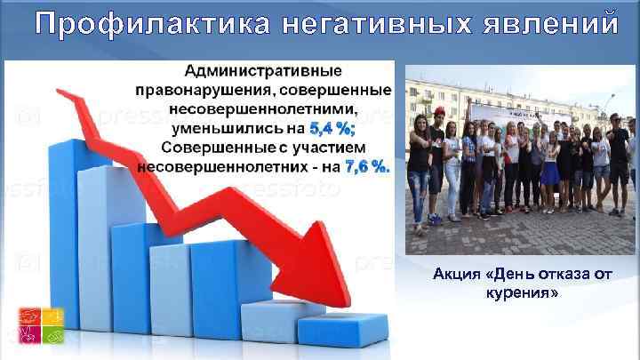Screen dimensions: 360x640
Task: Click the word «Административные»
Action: tap(266, 70)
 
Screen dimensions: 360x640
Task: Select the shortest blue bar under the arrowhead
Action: tap(341, 328)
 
